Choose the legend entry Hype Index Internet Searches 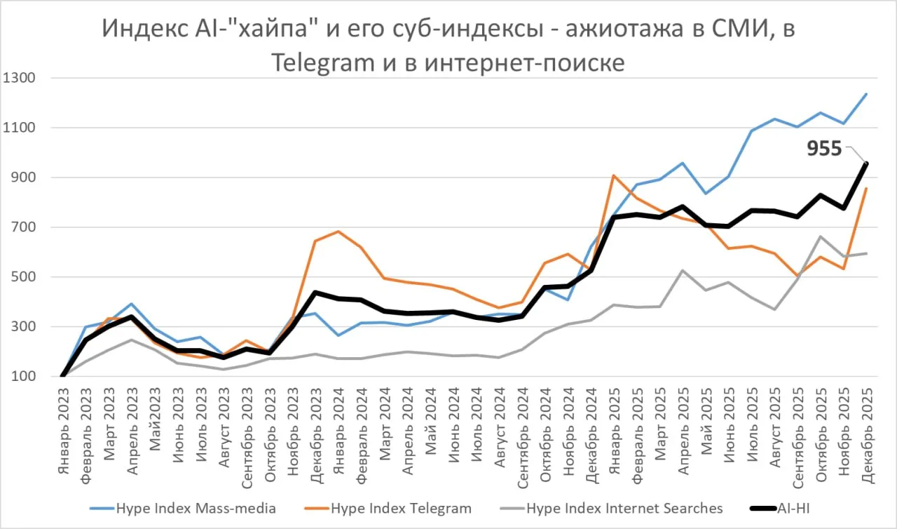pos(624,508)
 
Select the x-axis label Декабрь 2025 pos(866,424)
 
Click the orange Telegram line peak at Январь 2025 pos(613,175)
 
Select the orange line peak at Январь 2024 pos(338,232)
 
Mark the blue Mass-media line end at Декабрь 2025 pos(866,94)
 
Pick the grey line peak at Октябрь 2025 pos(821,236)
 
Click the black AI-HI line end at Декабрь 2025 pos(866,163)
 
